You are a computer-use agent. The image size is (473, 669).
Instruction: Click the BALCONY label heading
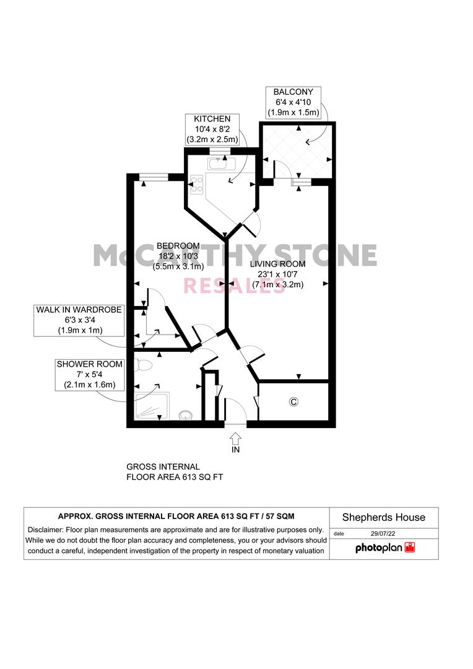293,91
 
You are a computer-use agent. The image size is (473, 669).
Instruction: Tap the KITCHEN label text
212,119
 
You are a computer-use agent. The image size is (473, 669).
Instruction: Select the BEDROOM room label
178,245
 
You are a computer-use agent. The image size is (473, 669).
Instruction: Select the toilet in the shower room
141,365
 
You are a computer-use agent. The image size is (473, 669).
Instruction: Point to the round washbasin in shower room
185,415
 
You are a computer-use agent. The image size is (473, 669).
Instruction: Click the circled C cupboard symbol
294,402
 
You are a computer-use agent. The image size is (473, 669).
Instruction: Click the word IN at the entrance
235,450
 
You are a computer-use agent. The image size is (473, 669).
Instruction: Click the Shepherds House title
384,517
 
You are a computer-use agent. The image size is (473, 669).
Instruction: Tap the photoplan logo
384,548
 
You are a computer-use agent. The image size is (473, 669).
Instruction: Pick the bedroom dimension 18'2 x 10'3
178,256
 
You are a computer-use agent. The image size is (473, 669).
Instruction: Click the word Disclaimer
46,530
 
